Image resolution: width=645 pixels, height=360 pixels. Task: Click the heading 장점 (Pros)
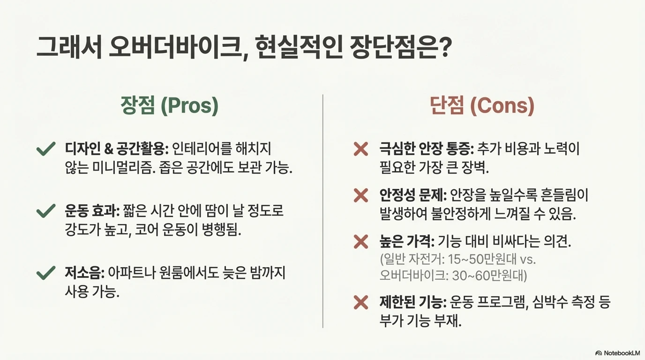point(169,106)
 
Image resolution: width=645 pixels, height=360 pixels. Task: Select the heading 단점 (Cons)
point(482,106)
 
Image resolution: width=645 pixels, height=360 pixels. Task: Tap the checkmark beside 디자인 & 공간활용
point(46,150)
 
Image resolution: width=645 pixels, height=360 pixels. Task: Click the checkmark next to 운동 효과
point(46,211)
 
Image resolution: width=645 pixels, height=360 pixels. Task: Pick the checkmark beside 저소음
point(46,273)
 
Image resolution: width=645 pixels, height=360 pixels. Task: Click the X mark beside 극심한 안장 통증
point(360,150)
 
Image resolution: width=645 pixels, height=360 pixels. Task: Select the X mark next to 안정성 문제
point(360,195)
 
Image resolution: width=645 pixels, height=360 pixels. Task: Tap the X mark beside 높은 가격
point(360,242)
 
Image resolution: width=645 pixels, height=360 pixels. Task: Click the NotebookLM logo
point(617,353)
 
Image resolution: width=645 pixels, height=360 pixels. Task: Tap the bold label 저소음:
point(84,273)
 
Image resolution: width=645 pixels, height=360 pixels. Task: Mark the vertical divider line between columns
point(323,211)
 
